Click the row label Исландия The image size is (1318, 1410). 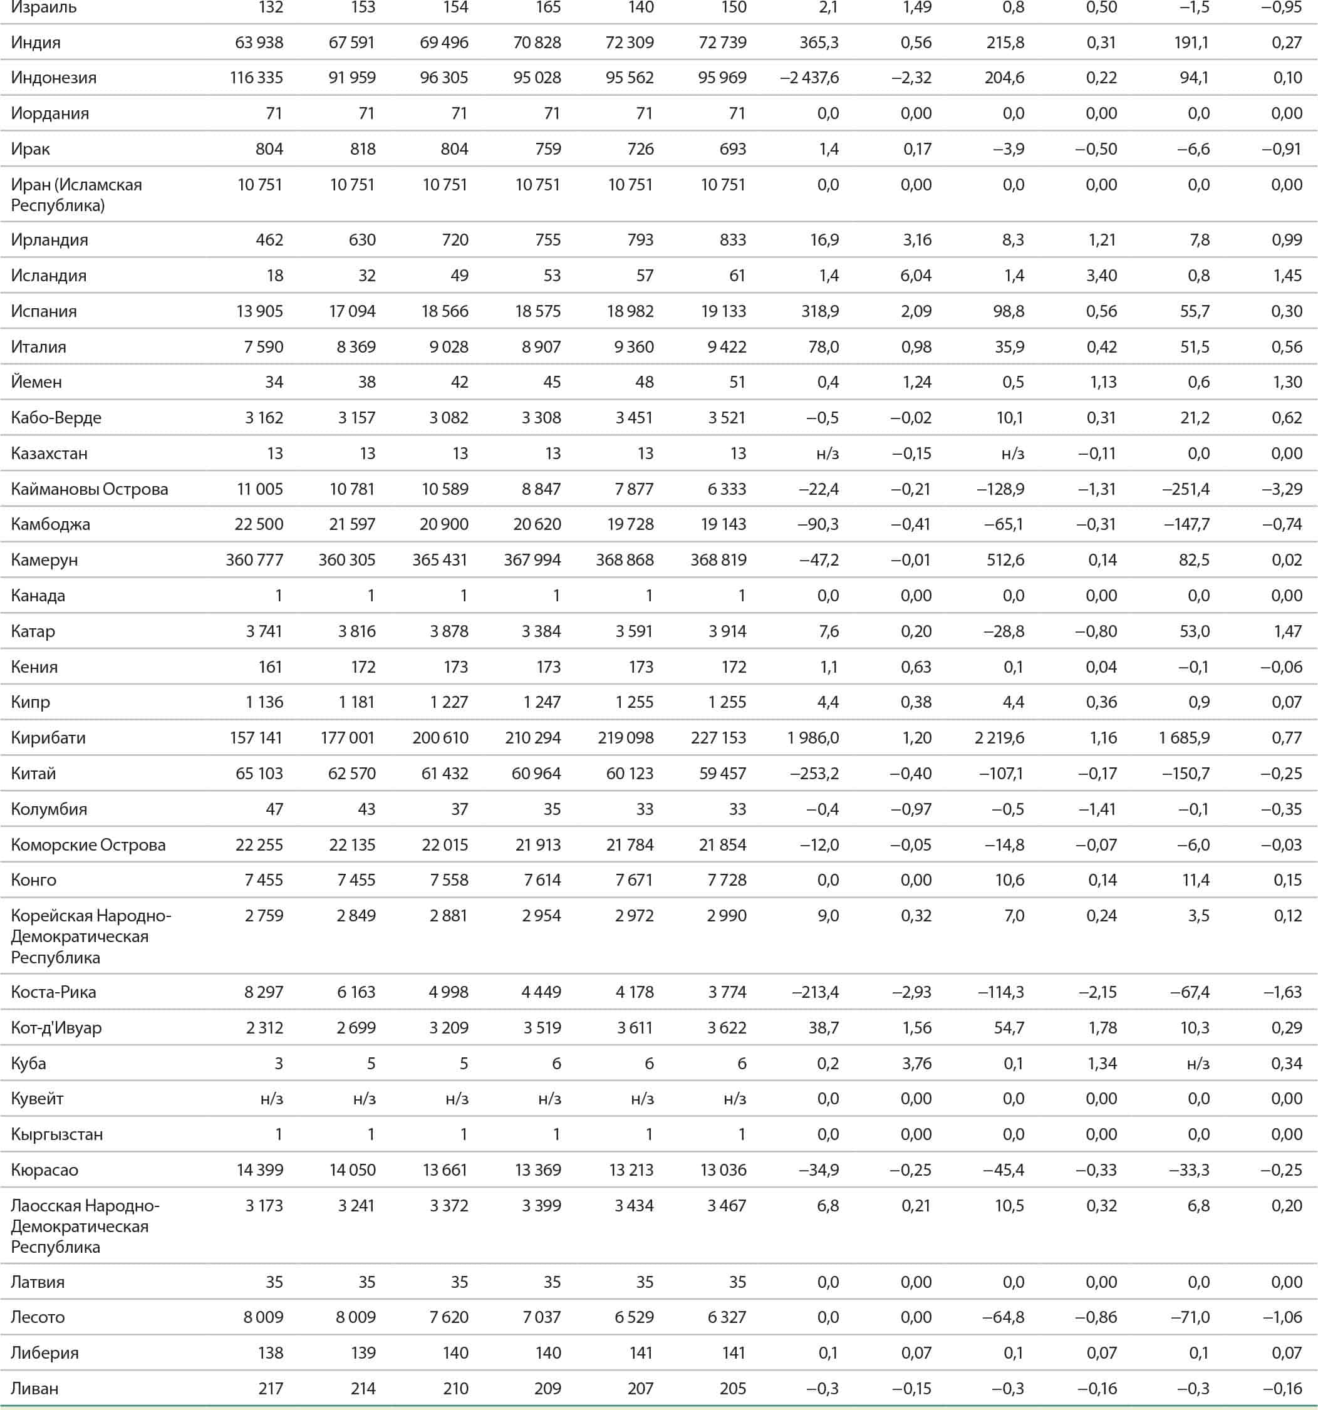[x=48, y=275]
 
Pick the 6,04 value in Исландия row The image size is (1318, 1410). [x=916, y=275]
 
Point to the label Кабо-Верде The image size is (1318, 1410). [x=56, y=417]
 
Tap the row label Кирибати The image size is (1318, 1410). [x=48, y=738]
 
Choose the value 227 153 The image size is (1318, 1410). [x=718, y=738]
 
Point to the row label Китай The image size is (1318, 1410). [x=33, y=773]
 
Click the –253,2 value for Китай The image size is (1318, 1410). [x=814, y=773]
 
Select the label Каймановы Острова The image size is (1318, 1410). [x=90, y=489]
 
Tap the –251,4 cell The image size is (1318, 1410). [x=1185, y=489]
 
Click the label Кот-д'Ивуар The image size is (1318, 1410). [x=56, y=1027]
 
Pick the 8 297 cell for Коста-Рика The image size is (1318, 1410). [x=263, y=992]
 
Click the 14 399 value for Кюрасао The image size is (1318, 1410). [x=259, y=1169]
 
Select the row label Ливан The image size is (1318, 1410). [x=34, y=1388]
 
